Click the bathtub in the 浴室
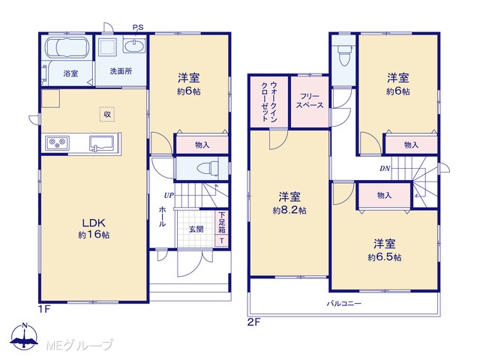[x=67, y=47]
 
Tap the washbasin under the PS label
[x=133, y=46]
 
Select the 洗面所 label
[x=121, y=71]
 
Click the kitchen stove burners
[x=57, y=143]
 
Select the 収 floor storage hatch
[x=107, y=115]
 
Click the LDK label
[x=94, y=223]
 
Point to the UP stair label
[x=169, y=195]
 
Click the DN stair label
[x=385, y=168]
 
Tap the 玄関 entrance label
[x=196, y=229]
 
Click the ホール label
[x=162, y=217]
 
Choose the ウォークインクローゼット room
[x=269, y=102]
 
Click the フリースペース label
[x=310, y=100]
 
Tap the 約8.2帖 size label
[x=289, y=210]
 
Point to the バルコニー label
[x=344, y=304]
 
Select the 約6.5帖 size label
[x=384, y=257]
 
